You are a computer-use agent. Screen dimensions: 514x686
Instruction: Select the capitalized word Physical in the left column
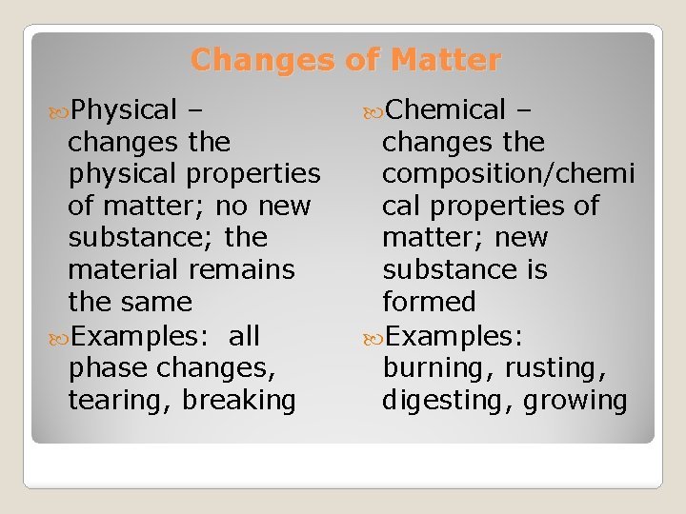[x=125, y=110]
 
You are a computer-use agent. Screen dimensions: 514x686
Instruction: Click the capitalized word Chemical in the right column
[x=447, y=110]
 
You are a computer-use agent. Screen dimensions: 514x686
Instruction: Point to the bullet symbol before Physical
[x=59, y=111]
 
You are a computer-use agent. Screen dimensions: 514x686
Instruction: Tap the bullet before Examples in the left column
[x=59, y=337]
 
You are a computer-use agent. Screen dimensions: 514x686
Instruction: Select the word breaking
[x=239, y=401]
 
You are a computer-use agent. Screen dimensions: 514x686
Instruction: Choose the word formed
[x=429, y=303]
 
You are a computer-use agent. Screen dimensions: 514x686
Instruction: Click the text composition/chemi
[x=508, y=174]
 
